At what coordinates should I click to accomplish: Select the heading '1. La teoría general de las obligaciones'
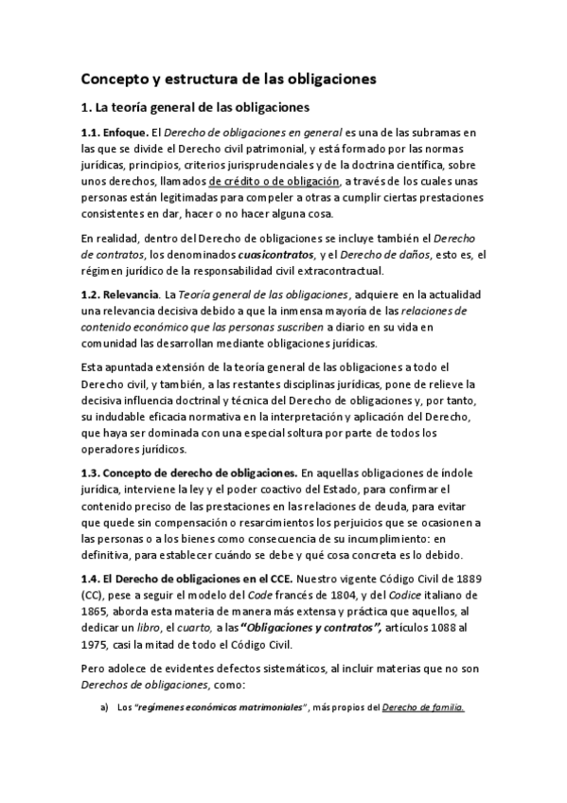point(210,108)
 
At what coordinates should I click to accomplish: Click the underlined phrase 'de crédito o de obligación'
point(275,181)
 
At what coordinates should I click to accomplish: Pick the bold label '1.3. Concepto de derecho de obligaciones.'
point(189,473)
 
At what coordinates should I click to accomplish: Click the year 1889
point(466,579)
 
